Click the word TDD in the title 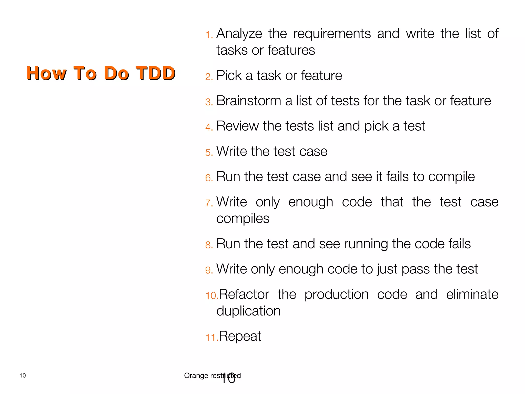pos(155,73)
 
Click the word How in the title pos(46,73)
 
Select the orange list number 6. pos(209,178)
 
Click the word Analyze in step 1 pos(239,34)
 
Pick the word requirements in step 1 pos(332,34)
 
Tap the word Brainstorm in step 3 pos(248,101)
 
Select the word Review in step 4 pos(237,126)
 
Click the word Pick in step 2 pos(229,75)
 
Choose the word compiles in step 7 pos(243,219)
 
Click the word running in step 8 pos(366,244)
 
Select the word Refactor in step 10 pos(244,294)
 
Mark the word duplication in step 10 pos(248,311)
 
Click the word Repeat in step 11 pos(240,336)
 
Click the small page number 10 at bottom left pos(23,376)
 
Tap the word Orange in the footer pos(196,376)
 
